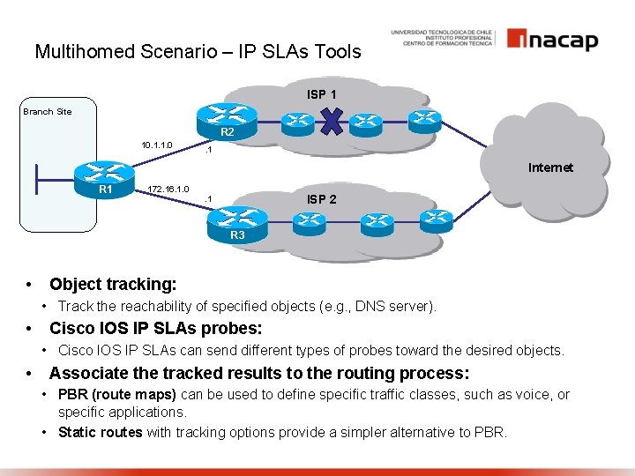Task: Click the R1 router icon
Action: click(x=105, y=174)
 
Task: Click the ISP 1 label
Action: click(x=321, y=93)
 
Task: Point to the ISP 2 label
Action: click(x=321, y=199)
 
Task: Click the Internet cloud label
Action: click(x=550, y=167)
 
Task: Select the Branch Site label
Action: click(x=48, y=112)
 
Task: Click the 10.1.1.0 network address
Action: click(x=157, y=145)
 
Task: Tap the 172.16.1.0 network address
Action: click(x=168, y=189)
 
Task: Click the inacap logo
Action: click(x=552, y=40)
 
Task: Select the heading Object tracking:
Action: click(x=113, y=284)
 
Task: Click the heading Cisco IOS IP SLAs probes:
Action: click(x=155, y=328)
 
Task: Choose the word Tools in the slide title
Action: click(x=340, y=52)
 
